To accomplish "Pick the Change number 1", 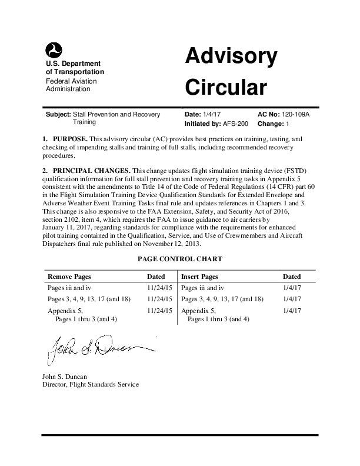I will click(x=287, y=124).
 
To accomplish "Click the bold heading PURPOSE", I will click(x=69, y=139).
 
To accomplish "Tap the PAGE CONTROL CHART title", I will click(x=179, y=258).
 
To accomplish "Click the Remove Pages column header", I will click(x=69, y=276).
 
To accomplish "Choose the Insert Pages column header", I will click(x=200, y=276).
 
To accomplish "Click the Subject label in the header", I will click(x=58, y=114).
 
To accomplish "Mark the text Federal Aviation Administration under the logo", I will click(x=72, y=85).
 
